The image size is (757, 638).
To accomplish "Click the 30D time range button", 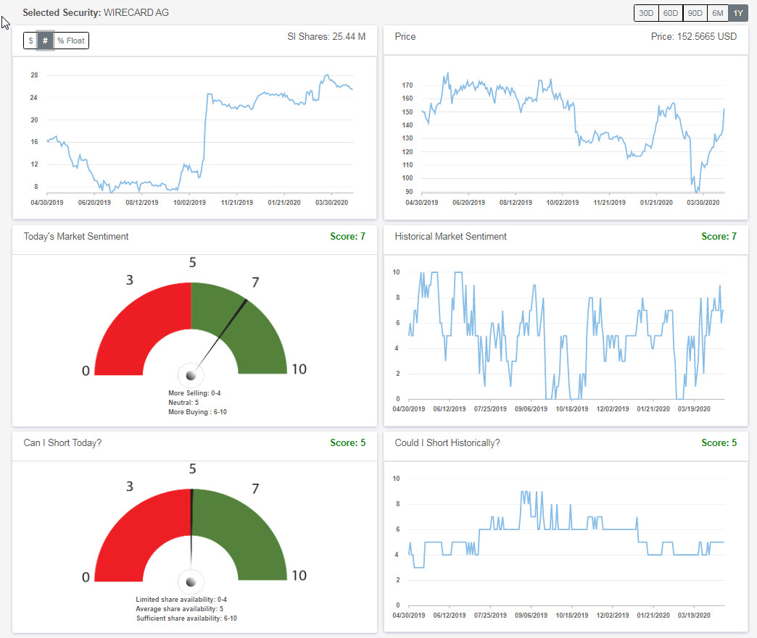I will pyautogui.click(x=645, y=13).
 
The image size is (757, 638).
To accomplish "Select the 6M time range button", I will pyautogui.click(x=717, y=13).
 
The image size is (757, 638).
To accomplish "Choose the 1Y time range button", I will pyautogui.click(x=738, y=13).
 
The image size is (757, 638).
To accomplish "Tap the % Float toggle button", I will pyautogui.click(x=70, y=41).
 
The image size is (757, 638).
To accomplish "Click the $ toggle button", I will pyautogui.click(x=30, y=41).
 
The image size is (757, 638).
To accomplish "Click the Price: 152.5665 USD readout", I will pyautogui.click(x=693, y=36).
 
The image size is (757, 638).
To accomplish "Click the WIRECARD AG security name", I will pyautogui.click(x=136, y=12).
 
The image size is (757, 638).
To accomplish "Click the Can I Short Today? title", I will pyautogui.click(x=62, y=442).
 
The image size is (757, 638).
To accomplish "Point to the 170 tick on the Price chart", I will pyautogui.click(x=407, y=85).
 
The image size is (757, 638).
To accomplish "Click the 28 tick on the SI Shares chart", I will pyautogui.click(x=34, y=75).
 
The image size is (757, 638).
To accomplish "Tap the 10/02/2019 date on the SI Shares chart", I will pyautogui.click(x=189, y=203).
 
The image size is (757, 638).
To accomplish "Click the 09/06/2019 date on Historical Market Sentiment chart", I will pyautogui.click(x=530, y=409).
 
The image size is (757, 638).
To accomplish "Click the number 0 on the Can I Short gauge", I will pyautogui.click(x=86, y=577).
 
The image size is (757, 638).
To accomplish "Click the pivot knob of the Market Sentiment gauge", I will pyautogui.click(x=191, y=375).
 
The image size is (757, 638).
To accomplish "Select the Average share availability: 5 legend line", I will pyautogui.click(x=186, y=609).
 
